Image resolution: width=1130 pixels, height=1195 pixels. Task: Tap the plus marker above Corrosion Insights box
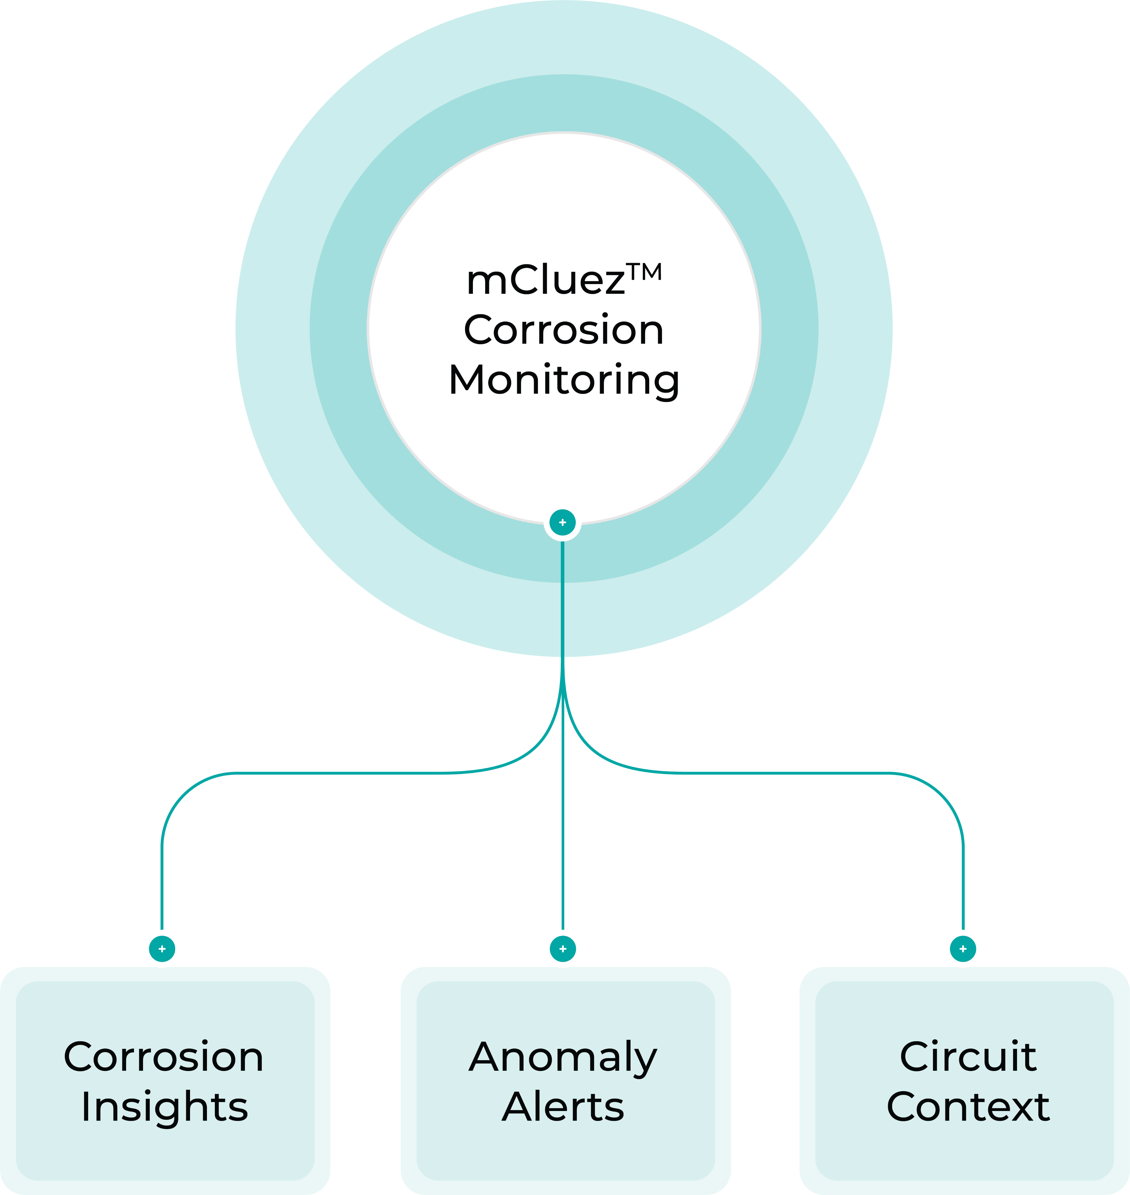coord(162,949)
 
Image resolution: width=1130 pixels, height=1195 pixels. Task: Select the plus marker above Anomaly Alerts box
coord(563,949)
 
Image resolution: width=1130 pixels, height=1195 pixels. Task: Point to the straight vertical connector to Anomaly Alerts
coord(563,843)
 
